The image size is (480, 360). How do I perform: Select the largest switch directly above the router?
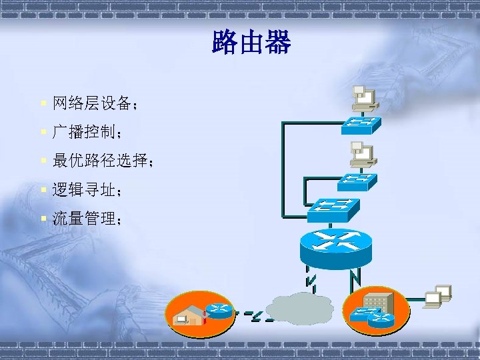click(x=333, y=209)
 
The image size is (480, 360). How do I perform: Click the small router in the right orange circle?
click(x=381, y=320)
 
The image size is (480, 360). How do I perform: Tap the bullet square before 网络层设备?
click(x=43, y=103)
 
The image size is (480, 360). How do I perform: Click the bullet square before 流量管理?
click(x=43, y=219)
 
